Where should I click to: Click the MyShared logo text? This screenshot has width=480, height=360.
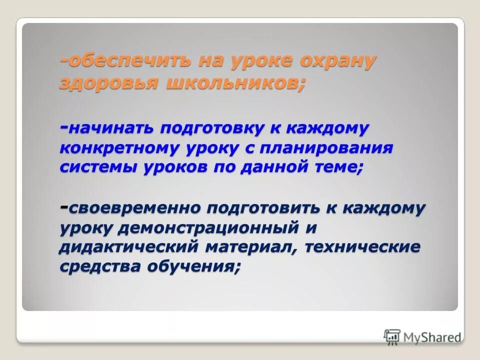432,336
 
